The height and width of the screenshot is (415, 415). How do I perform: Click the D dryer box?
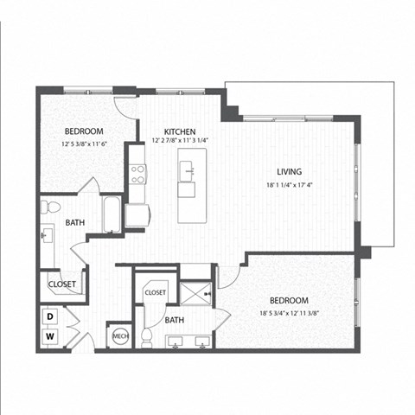51,316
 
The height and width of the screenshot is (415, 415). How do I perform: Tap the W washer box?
51,336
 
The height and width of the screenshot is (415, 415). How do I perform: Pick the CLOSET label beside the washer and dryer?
61,284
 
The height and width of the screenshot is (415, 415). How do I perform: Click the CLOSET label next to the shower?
156,293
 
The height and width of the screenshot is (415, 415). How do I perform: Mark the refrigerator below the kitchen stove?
136,214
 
